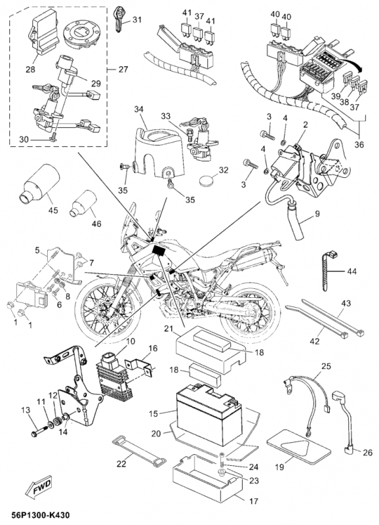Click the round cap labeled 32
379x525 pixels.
tap(209, 181)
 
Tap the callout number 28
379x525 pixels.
tap(31, 70)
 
